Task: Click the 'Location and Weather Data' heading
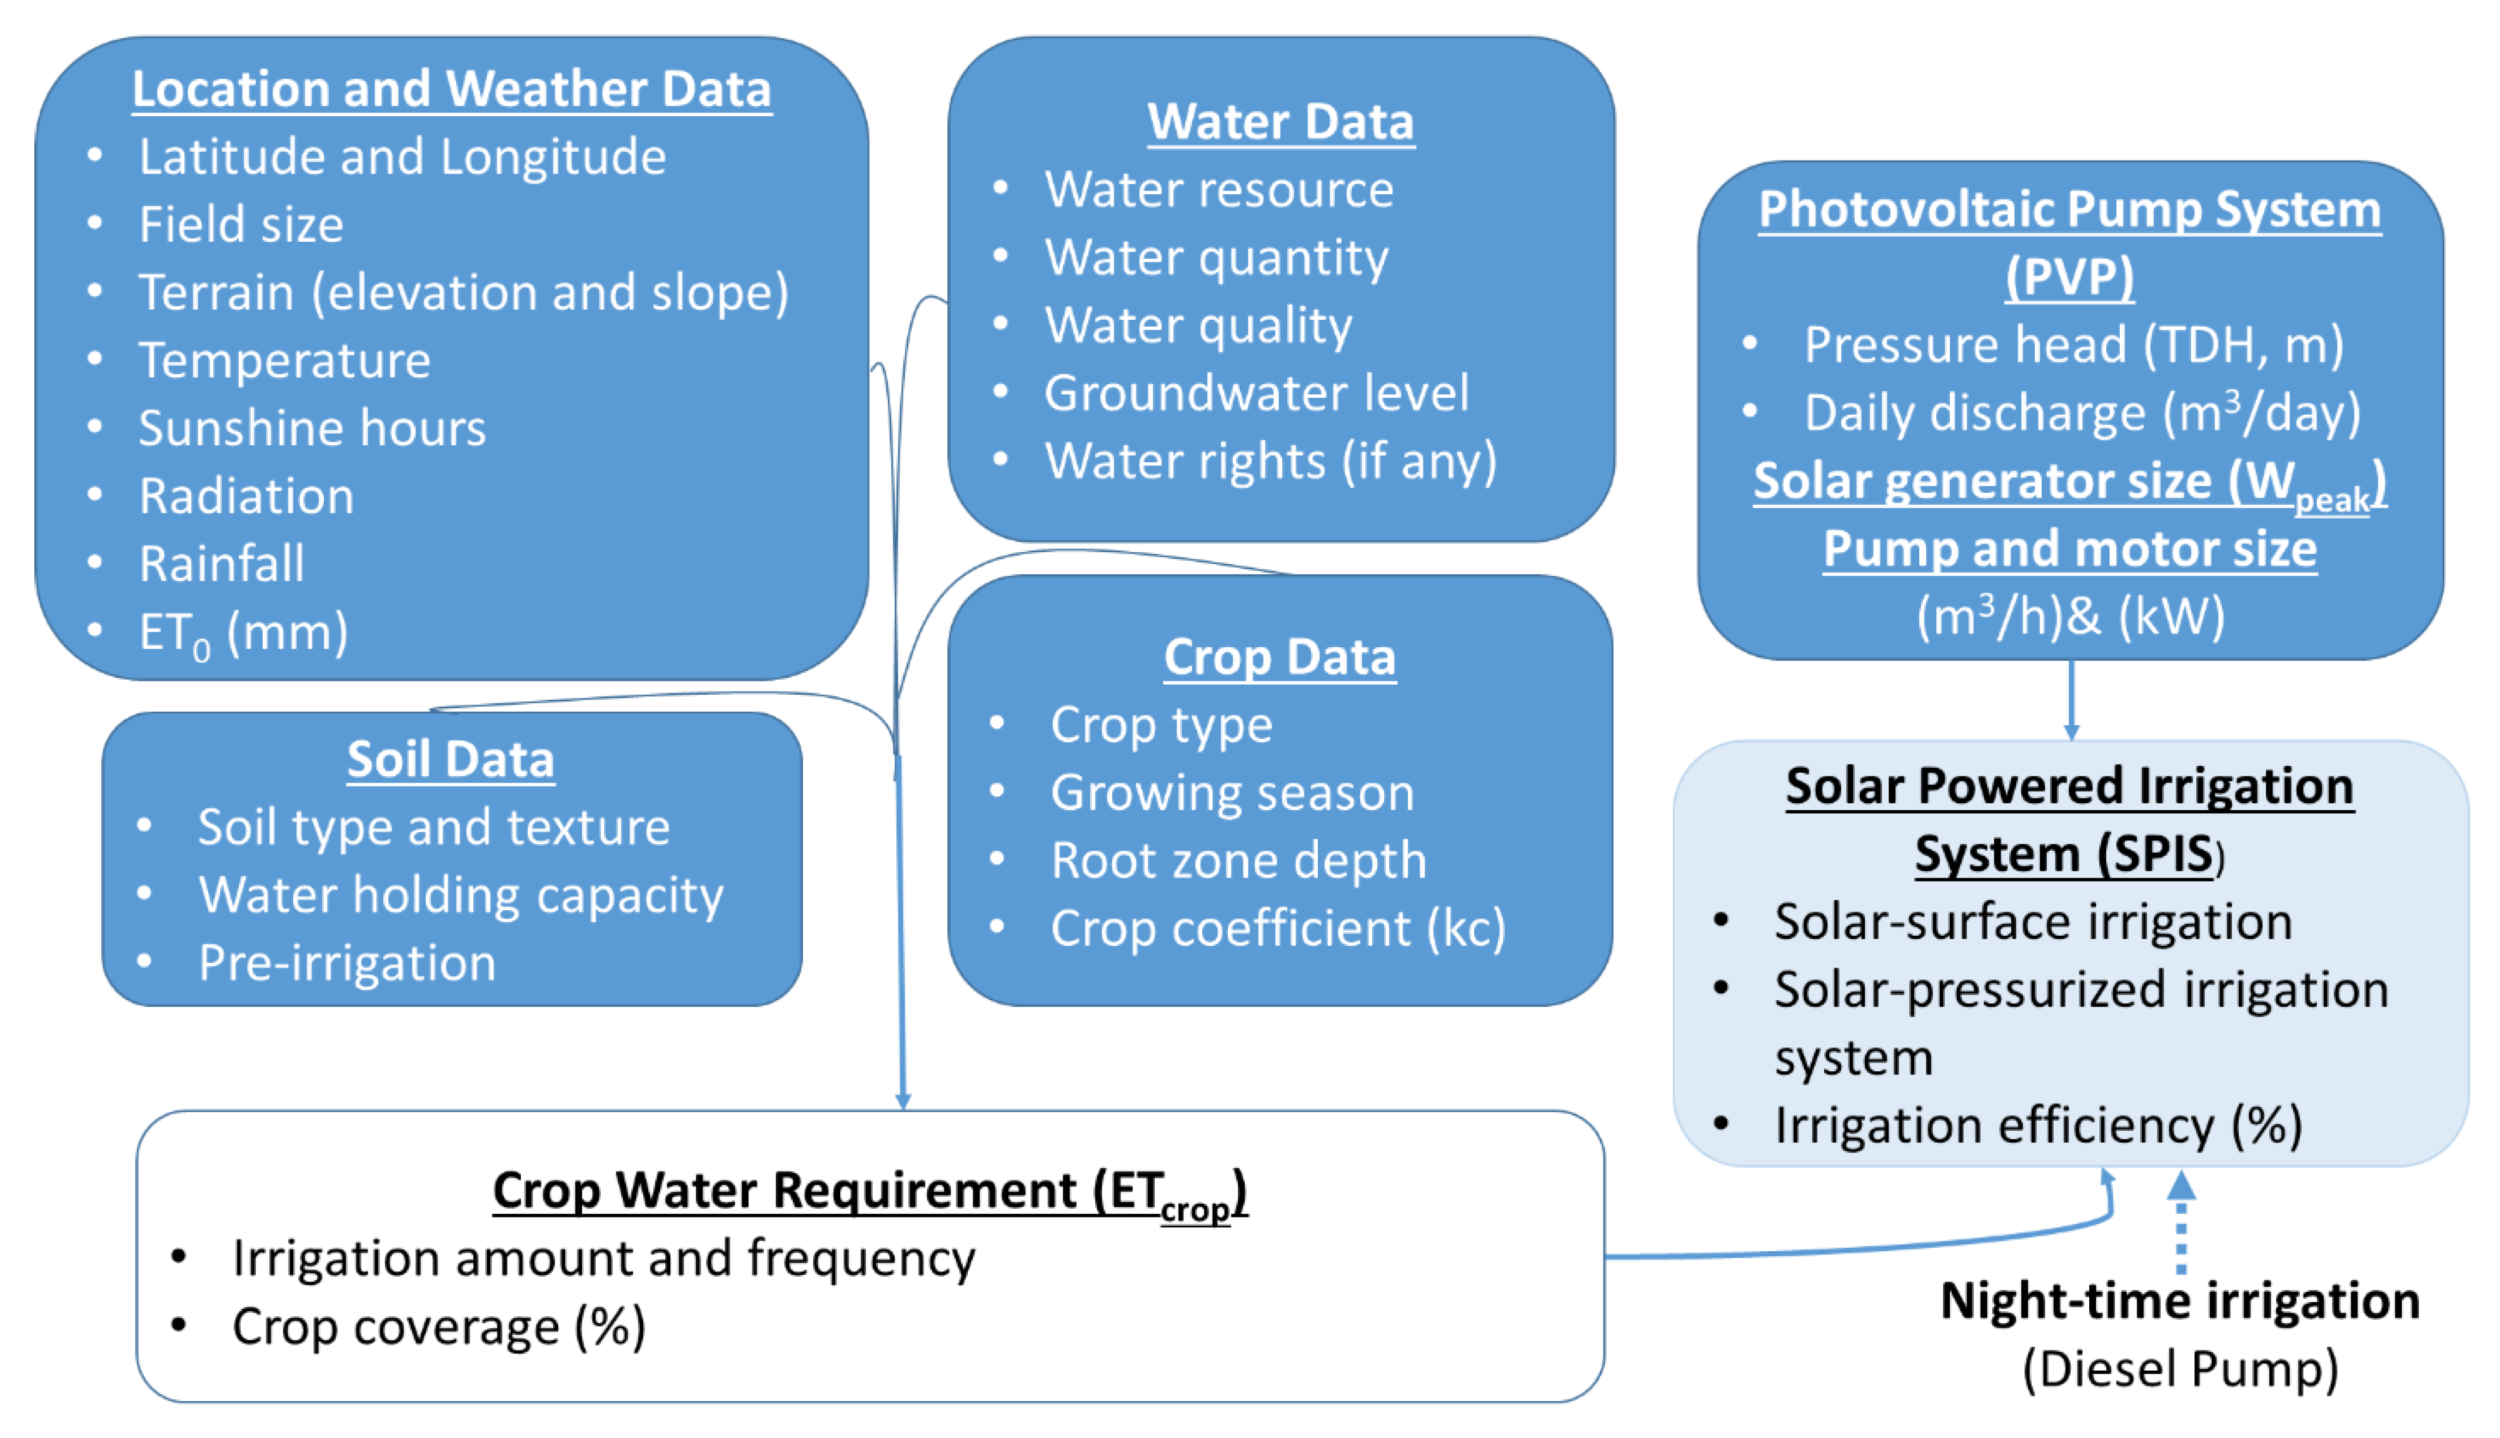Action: (x=451, y=89)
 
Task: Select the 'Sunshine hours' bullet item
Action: (x=312, y=428)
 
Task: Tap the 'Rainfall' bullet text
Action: (x=221, y=564)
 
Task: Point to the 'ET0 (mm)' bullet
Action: (x=243, y=632)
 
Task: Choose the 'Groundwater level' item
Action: (x=1256, y=393)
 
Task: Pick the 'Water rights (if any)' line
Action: (x=1271, y=461)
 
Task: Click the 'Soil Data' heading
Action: (x=451, y=760)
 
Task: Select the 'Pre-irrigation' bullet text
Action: (x=347, y=963)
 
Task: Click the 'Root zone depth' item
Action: (x=1239, y=860)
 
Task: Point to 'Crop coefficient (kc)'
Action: (x=1278, y=928)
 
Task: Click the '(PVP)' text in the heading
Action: (x=2069, y=277)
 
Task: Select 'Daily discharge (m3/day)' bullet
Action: (x=2082, y=413)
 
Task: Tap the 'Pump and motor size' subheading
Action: (x=2069, y=549)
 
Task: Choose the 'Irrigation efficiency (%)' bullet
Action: (x=2037, y=1126)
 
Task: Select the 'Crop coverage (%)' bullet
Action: (x=439, y=1326)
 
